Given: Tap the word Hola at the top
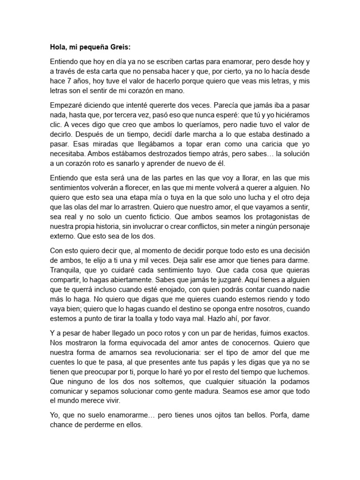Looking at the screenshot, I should pos(58,47).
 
